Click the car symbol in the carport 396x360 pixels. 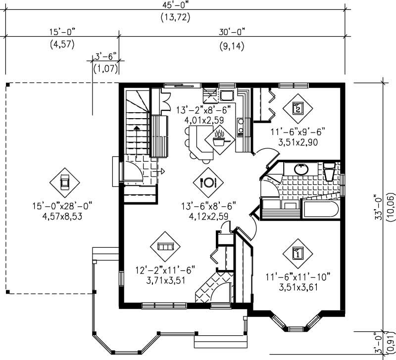[x=65, y=181]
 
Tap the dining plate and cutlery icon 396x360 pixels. [x=208, y=181]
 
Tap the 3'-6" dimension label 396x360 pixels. [x=104, y=57]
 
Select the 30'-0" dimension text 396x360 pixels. [x=232, y=33]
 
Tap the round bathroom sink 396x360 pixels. [x=300, y=169]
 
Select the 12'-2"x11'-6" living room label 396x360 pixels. [x=166, y=270]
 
